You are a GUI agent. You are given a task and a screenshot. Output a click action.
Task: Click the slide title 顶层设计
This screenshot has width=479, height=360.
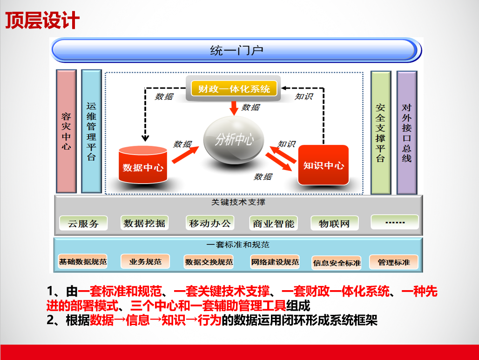point(42,20)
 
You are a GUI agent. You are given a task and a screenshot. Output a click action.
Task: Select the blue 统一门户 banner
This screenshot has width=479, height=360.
point(236,50)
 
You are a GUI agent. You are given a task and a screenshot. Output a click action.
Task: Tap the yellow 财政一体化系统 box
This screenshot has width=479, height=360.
point(234,88)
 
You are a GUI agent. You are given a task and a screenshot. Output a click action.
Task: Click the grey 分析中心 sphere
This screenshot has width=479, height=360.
point(234,140)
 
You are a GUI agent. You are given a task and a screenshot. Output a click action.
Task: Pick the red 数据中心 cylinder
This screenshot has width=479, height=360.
point(142,165)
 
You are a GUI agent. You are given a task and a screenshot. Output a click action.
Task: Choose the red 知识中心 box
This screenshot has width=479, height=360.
point(323,165)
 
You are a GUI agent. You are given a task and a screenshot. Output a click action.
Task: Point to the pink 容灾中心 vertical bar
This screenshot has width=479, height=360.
point(66,131)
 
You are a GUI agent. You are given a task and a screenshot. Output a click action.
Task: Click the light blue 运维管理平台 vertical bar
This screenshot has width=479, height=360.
point(91,131)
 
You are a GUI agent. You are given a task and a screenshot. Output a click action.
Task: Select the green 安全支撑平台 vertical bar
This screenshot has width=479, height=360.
point(381,133)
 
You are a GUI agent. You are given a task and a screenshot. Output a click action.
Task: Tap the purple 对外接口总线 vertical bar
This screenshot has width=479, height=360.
point(406,133)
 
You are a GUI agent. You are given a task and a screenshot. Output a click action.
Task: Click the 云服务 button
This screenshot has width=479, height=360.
point(83,223)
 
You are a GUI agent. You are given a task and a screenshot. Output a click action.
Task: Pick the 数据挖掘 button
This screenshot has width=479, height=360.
point(144,223)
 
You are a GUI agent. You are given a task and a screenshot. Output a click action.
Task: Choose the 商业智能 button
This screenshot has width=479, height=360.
point(273,223)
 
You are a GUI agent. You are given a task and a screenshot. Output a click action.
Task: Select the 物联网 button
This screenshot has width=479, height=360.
point(335,223)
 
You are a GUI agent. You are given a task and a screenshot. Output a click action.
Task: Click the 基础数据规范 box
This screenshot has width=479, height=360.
point(83,262)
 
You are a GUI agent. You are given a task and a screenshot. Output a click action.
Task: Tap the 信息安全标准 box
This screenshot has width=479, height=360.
point(337,263)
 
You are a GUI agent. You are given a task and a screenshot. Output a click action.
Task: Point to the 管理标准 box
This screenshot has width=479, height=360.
point(393,262)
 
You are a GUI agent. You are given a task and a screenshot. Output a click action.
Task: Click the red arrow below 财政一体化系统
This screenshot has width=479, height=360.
point(234,108)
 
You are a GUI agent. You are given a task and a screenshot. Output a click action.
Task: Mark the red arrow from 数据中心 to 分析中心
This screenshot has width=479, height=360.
point(185,155)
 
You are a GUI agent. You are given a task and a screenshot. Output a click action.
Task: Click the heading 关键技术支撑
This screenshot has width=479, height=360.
point(238,202)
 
